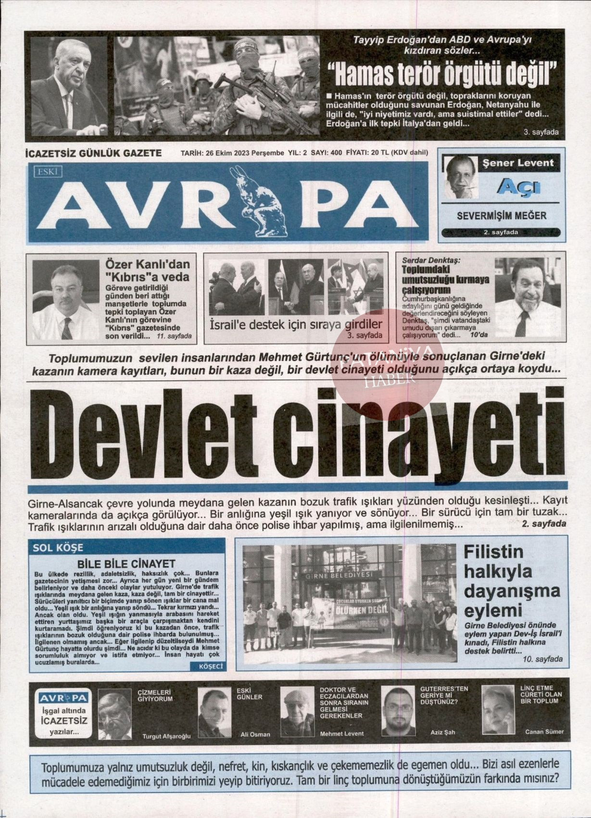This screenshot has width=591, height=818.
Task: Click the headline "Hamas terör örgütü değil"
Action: coord(442,72)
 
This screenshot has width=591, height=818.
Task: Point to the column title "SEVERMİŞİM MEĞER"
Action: coord(502,215)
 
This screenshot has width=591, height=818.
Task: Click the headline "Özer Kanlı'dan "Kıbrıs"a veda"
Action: coord(148,270)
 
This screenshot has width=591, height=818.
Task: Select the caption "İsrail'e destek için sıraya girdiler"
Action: coord(296,324)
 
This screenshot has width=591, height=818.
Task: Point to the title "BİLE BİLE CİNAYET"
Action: coord(126,563)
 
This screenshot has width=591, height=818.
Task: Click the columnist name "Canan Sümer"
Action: coord(544,732)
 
